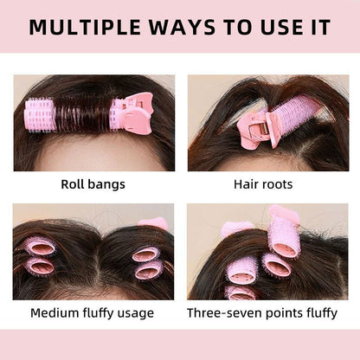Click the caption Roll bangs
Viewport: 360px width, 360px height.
[x=93, y=184]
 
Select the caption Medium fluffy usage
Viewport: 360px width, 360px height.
[x=93, y=312]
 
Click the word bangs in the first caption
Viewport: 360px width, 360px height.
[x=109, y=184]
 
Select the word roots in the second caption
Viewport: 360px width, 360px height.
[x=282, y=184]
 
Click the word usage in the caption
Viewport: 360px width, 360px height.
[x=133, y=312]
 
